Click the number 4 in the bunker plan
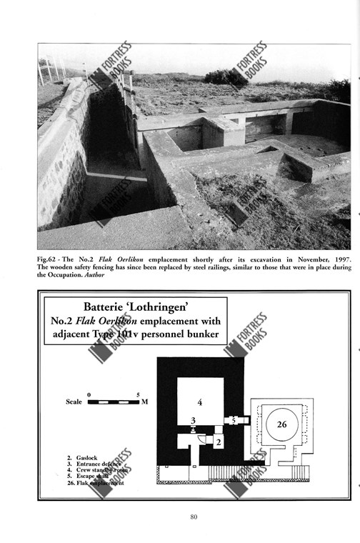[200, 402]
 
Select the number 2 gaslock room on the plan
[219, 443]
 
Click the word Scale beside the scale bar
[74, 402]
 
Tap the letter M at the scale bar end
[144, 402]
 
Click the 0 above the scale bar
[89, 394]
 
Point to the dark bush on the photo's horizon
[226, 76]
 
